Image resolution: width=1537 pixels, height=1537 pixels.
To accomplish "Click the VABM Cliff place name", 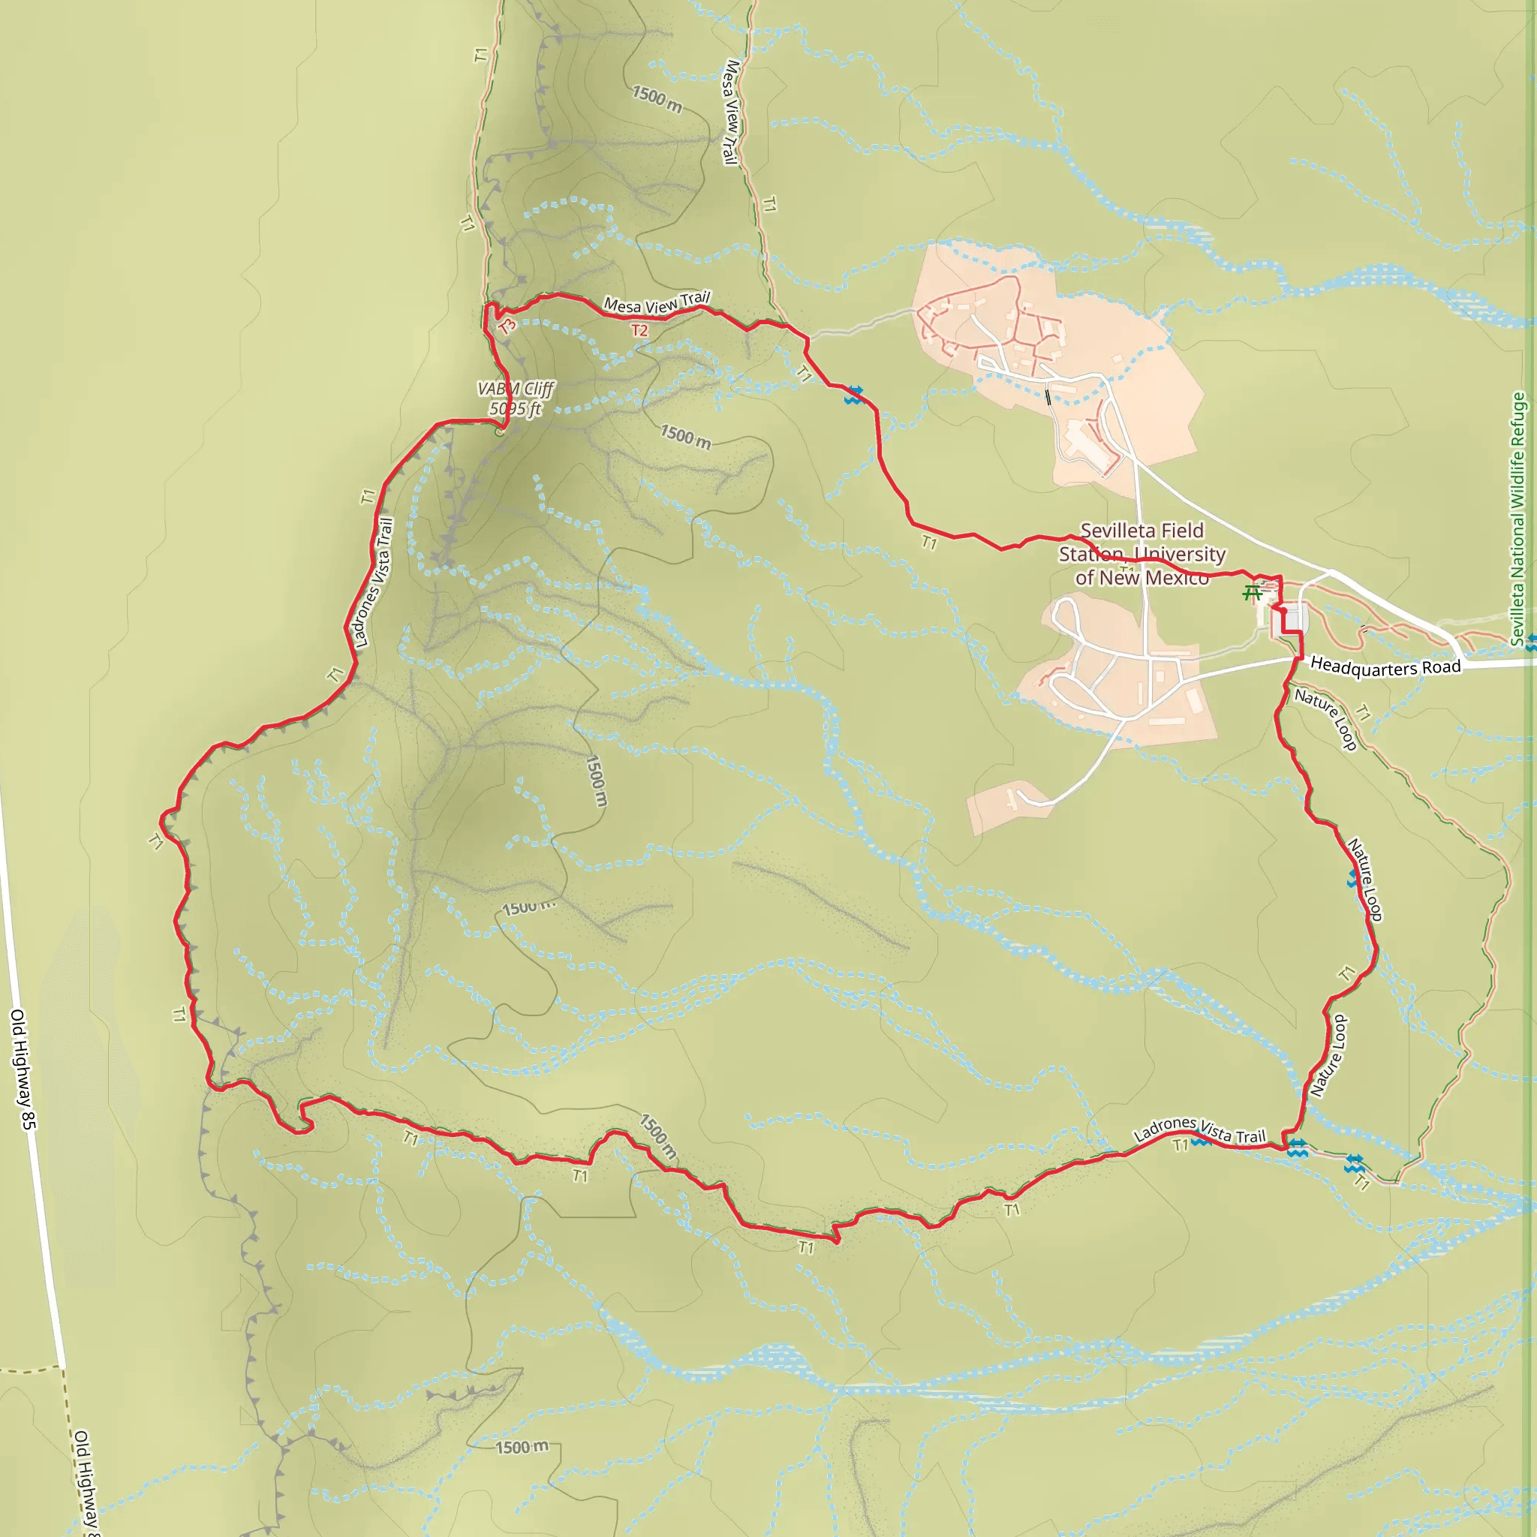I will point(516,389).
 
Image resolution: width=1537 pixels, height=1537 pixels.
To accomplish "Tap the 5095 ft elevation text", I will point(516,409).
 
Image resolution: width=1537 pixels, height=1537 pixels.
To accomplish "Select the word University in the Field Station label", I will point(1180,555).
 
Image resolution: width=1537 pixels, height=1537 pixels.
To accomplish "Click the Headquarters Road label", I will point(1385,666).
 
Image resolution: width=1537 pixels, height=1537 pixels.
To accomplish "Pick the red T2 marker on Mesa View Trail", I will point(639,330).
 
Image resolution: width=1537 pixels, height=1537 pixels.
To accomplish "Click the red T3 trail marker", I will point(507,326).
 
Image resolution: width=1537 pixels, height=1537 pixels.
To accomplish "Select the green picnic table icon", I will point(1253,593).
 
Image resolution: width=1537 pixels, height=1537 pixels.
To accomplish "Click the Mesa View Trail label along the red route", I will point(657,303).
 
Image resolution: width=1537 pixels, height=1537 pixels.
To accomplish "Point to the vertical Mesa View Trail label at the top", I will point(730,112).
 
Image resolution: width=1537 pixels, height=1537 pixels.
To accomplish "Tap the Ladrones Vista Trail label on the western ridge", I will point(373,582).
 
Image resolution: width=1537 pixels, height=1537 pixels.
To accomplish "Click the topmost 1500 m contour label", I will point(657,100).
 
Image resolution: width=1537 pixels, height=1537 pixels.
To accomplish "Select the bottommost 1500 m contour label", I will point(522,1447).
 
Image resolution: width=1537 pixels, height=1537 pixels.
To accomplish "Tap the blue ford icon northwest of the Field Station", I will point(853,395).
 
